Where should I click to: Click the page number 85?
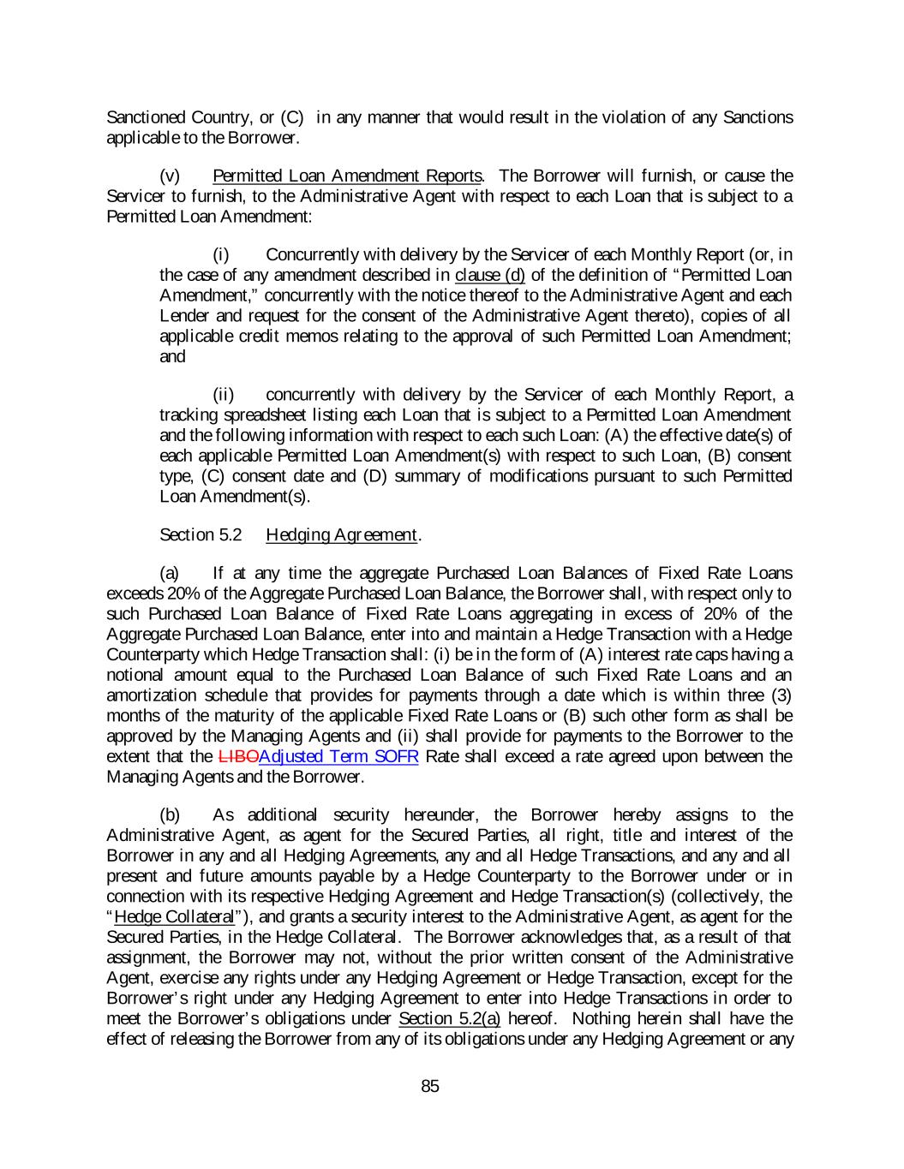430,1086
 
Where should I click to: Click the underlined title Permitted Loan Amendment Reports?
346,176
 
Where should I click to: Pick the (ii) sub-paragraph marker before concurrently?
223,394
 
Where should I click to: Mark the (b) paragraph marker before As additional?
171,814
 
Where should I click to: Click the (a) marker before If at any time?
170,572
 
